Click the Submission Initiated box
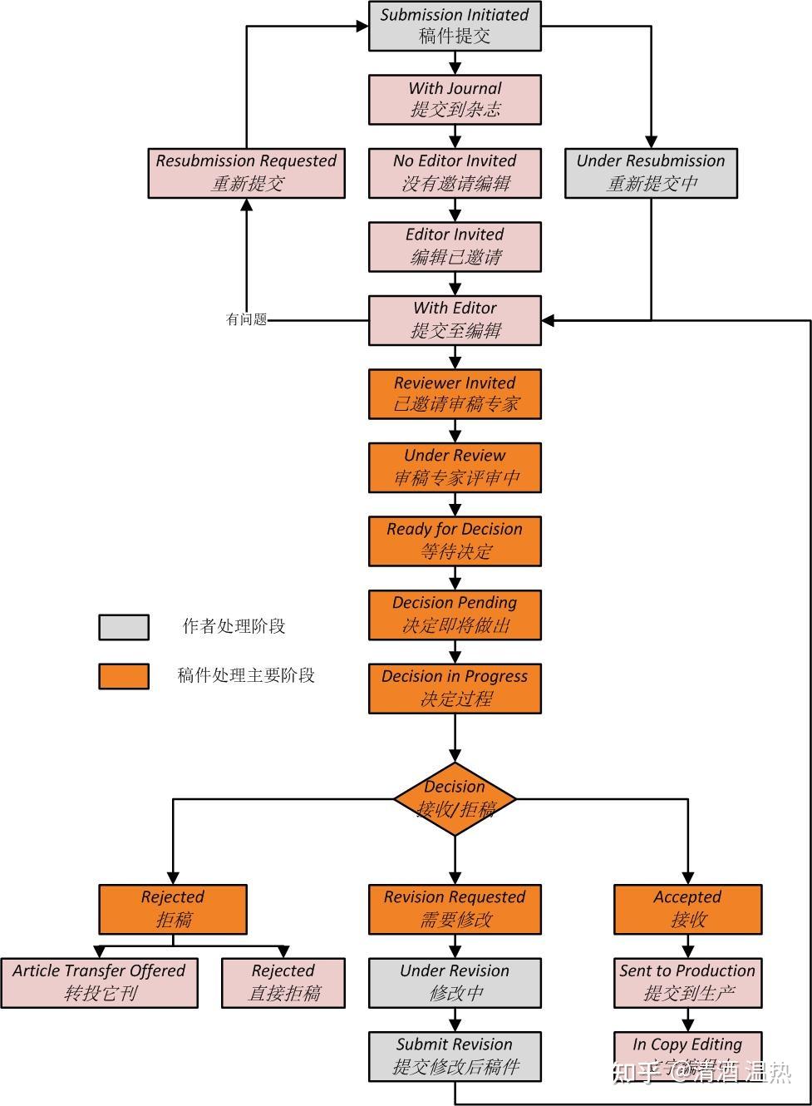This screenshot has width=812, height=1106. point(455,26)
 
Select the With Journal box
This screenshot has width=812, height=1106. point(455,100)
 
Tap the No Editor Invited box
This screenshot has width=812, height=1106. point(455,173)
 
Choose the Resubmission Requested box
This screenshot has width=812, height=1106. point(246,173)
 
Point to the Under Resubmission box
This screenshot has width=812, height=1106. point(651,173)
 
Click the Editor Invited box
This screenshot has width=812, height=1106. point(455,246)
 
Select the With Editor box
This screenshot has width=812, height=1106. point(455,320)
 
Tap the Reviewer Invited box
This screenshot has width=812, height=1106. point(455,394)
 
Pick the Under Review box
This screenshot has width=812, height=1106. point(455,467)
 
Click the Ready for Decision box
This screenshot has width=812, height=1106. point(455,541)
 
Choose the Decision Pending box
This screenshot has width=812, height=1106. point(455,615)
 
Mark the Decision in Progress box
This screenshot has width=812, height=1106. point(455,689)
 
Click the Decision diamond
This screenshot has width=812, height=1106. point(455,799)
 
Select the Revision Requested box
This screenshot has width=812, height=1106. point(455,909)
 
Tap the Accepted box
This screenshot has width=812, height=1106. point(687,909)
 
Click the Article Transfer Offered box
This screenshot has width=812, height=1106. point(99,983)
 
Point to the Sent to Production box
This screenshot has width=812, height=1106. point(687,983)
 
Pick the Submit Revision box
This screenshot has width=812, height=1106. point(455,1056)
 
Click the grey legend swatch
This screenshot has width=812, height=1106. point(124,627)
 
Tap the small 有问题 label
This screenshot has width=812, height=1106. point(247,319)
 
